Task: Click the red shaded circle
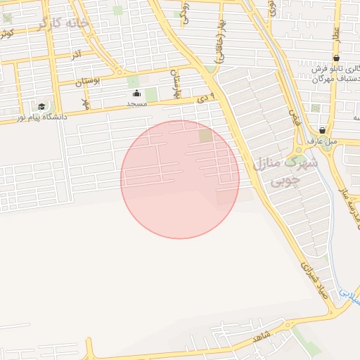point(180,179)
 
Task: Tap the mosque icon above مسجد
point(136,93)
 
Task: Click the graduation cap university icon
point(41,107)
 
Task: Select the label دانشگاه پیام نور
point(42,117)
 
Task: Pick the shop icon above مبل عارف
point(322,130)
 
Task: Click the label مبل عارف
point(322,141)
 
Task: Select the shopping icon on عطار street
point(336,58)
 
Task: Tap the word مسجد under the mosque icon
point(136,103)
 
